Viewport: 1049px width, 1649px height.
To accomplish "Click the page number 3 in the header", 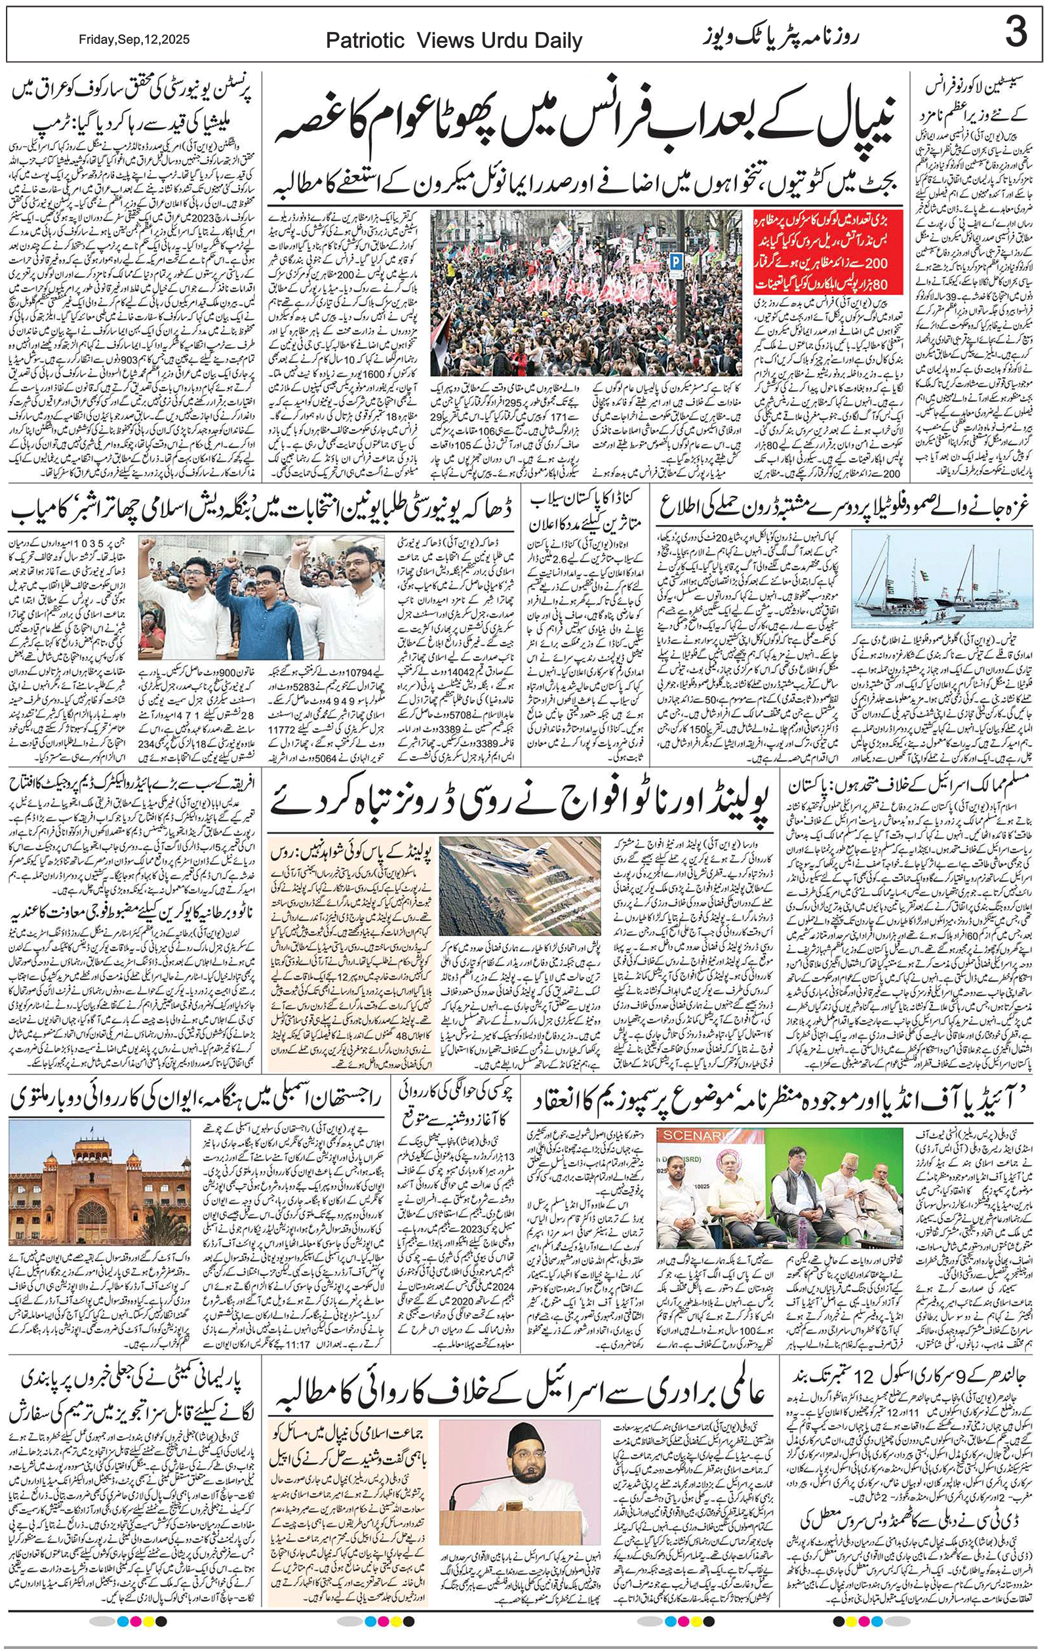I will point(1016,33).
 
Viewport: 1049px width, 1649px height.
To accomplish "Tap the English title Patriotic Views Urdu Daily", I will point(454,41).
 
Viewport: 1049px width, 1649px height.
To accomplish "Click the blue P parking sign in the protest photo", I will point(676,260).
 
